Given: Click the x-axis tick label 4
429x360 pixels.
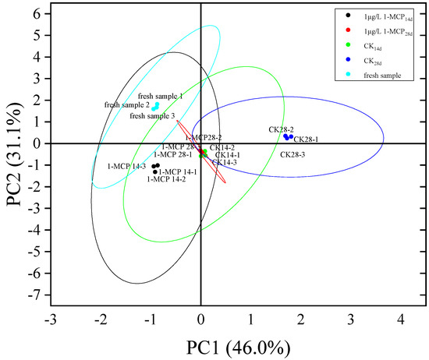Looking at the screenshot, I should [401, 319].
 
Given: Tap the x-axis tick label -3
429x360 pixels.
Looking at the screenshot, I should [51, 319].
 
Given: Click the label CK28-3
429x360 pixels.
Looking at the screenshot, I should [294, 155].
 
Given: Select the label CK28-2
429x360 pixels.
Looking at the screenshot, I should [281, 129].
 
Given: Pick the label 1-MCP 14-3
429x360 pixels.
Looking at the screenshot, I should [126, 166].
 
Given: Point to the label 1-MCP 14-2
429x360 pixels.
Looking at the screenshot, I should [166, 179].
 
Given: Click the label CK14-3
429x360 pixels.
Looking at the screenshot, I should [224, 162].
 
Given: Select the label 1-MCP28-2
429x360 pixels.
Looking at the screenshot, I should [204, 137].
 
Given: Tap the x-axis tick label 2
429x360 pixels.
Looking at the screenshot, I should [301, 319].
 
